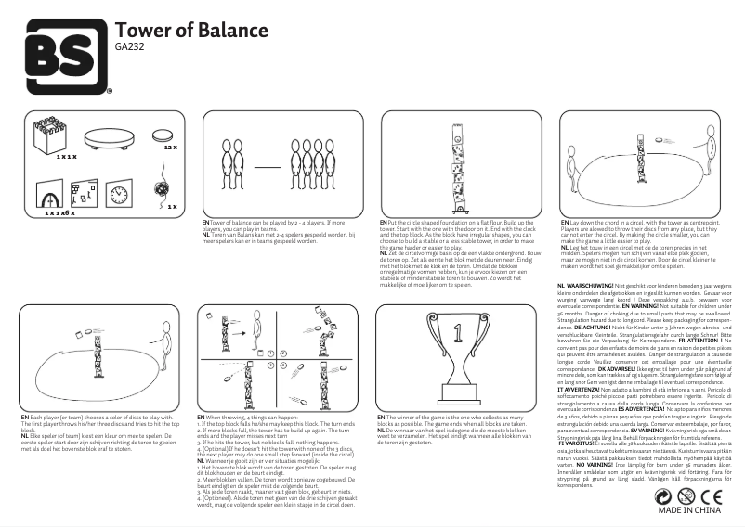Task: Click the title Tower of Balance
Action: (x=191, y=31)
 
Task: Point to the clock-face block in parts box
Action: (x=118, y=194)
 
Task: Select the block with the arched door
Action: (x=48, y=196)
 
